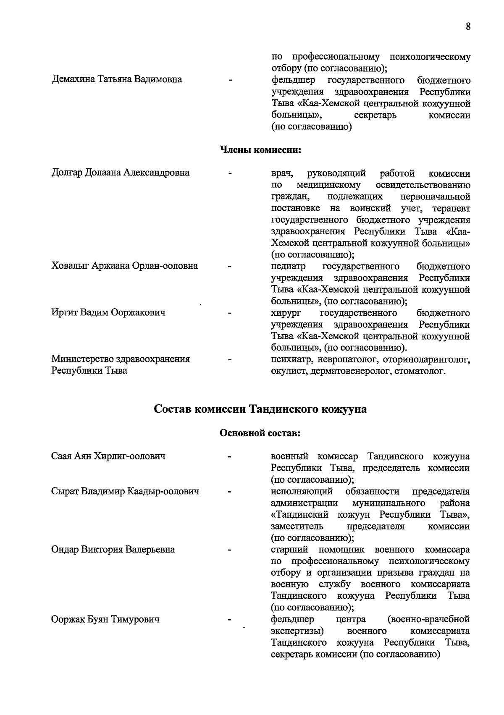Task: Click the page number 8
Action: point(468,26)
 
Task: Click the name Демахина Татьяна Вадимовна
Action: point(117,79)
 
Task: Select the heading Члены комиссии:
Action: point(261,149)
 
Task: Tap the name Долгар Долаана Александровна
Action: point(120,173)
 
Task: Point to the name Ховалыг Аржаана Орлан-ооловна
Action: point(124,266)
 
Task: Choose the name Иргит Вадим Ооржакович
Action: point(108,312)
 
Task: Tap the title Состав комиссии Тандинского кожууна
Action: point(260,409)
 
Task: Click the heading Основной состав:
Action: point(260,433)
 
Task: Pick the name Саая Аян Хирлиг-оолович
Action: point(108,456)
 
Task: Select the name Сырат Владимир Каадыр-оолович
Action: point(125,491)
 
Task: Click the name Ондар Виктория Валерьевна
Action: point(113,549)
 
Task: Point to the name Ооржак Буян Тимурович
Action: point(105,619)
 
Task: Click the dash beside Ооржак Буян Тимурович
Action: point(230,619)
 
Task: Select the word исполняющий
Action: point(302,491)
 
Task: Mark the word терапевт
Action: point(451,208)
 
